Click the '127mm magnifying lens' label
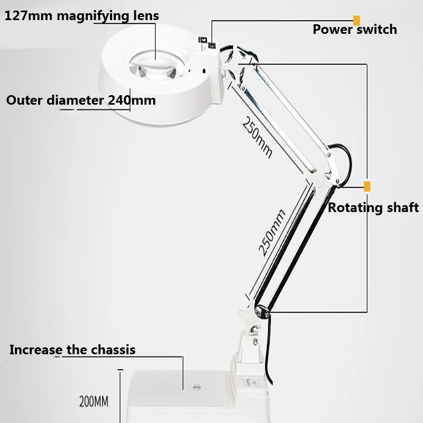[x=82, y=16]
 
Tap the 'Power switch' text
[x=355, y=29]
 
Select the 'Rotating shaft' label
[x=373, y=208]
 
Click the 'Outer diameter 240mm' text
[x=81, y=100]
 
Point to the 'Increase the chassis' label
[x=72, y=350]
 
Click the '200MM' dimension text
[x=94, y=401]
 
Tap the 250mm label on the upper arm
[x=256, y=137]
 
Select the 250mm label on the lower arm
[x=272, y=233]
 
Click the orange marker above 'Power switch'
[x=356, y=21]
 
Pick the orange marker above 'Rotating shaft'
[x=367, y=187]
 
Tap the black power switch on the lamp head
[x=212, y=46]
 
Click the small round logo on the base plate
[x=197, y=388]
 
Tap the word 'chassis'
[x=113, y=350]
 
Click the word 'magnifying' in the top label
[x=93, y=16]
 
